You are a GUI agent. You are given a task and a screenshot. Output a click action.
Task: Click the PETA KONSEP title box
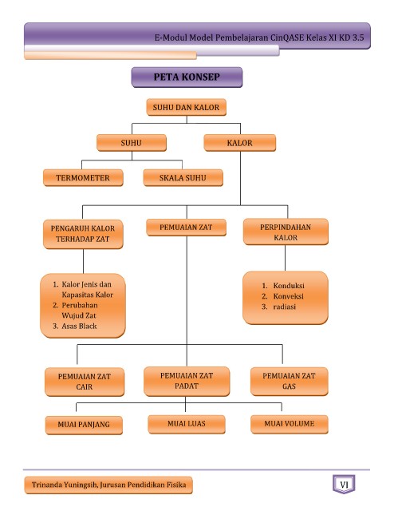tap(187, 77)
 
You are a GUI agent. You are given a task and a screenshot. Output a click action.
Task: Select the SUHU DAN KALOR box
tap(187, 107)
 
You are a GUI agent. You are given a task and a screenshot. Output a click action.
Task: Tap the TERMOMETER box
tap(83, 177)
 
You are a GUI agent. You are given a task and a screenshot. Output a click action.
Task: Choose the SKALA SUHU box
tap(183, 177)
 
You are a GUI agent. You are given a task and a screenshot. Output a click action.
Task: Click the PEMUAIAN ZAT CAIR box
tap(85, 382)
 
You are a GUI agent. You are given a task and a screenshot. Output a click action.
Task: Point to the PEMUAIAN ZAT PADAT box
tap(187, 381)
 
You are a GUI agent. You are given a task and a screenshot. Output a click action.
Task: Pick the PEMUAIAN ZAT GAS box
tap(290, 382)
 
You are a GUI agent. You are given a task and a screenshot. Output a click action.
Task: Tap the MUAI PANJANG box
tap(84, 425)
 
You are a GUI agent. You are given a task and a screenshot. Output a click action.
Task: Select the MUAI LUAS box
tap(187, 424)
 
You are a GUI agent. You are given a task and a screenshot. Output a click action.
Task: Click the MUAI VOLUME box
tap(290, 424)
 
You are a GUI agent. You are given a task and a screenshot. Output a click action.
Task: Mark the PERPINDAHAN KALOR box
tap(286, 232)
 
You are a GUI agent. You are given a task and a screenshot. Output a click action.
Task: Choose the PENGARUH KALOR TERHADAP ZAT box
tap(83, 234)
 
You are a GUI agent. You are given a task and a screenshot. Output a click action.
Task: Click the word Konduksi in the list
tap(289, 286)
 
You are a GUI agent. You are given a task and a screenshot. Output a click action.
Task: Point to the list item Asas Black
tap(79, 326)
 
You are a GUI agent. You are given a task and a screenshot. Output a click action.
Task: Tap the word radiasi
tap(285, 307)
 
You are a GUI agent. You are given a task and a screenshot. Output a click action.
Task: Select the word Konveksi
tap(289, 296)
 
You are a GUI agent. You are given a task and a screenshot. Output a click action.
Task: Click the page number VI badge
tap(344, 485)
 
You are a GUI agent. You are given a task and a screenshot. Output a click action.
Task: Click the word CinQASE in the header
tap(287, 38)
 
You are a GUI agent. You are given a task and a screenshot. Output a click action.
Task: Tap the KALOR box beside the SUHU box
tap(239, 143)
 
